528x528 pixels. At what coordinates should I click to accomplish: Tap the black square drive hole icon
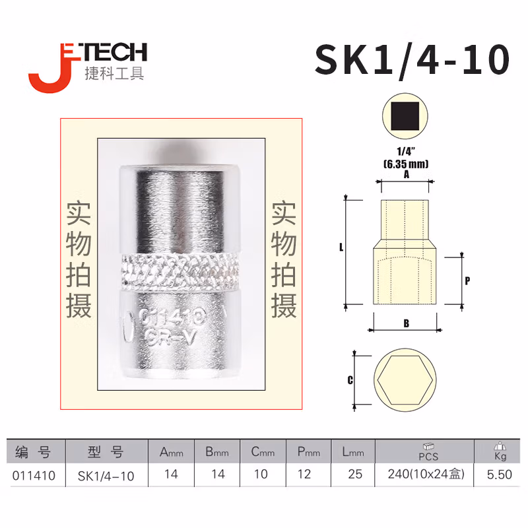coord(405,119)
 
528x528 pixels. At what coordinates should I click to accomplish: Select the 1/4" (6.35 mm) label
coord(406,159)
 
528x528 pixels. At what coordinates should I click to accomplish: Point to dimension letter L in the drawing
coord(341,248)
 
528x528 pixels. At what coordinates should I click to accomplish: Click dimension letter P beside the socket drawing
coord(467,280)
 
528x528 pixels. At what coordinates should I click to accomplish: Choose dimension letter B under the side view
coord(406,323)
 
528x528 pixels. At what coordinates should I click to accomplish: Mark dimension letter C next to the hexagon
coord(350,380)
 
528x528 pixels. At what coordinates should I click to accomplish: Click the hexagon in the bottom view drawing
coord(406,381)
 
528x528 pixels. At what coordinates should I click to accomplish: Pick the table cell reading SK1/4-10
coord(106,475)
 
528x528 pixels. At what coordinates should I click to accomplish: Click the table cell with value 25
coord(354,475)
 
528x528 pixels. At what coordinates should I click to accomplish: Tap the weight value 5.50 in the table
coord(500,475)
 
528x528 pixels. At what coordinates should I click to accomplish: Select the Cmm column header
coord(261,452)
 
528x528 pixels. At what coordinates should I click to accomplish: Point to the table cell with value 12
coord(308,475)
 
